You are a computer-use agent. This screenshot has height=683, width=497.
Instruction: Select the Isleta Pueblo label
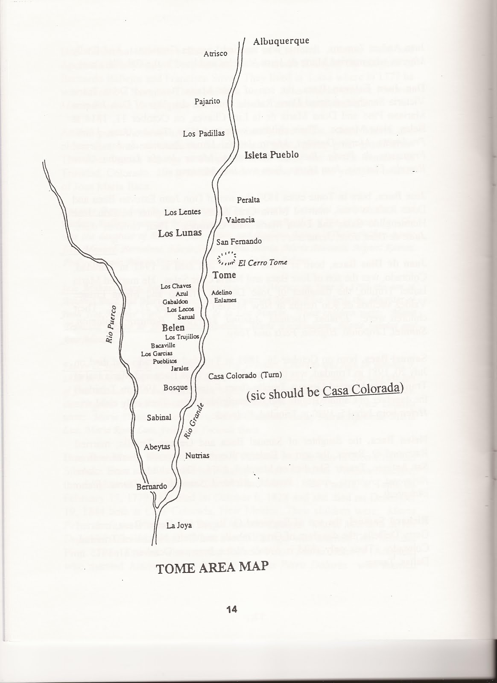pos(271,155)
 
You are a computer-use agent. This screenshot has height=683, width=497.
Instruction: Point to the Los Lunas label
pos(179,233)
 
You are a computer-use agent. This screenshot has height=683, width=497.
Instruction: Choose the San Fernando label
pos(239,242)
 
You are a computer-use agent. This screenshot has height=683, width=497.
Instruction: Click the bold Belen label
pos(173,328)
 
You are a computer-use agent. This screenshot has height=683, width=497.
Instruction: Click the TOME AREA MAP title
pos(213,566)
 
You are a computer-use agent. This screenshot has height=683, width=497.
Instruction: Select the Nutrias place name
pos(197,455)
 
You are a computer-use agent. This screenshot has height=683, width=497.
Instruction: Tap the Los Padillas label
pos(203,134)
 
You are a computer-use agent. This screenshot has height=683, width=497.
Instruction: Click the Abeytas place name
pos(157,447)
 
